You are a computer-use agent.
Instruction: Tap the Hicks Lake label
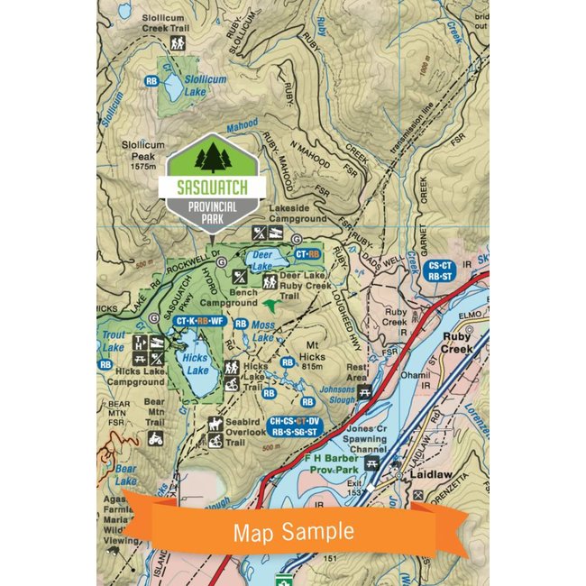coord(196,363)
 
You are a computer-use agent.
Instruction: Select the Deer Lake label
coord(262,261)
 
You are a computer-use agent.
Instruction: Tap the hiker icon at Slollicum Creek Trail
coord(178,42)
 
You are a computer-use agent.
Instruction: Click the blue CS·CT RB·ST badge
coord(441,271)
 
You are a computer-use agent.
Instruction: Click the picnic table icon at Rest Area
coord(365,391)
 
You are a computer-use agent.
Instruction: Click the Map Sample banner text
coord(293,531)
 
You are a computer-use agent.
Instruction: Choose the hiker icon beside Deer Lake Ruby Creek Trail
coord(269,281)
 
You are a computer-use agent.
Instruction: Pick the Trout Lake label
coord(112,341)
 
